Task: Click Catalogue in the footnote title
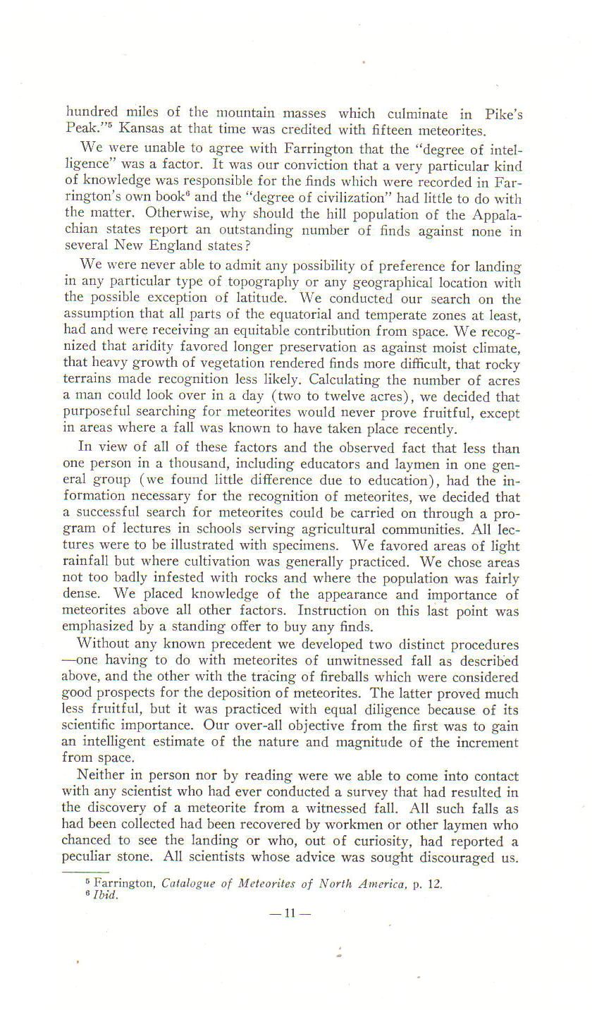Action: click(x=189, y=883)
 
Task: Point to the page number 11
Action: click(x=290, y=913)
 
